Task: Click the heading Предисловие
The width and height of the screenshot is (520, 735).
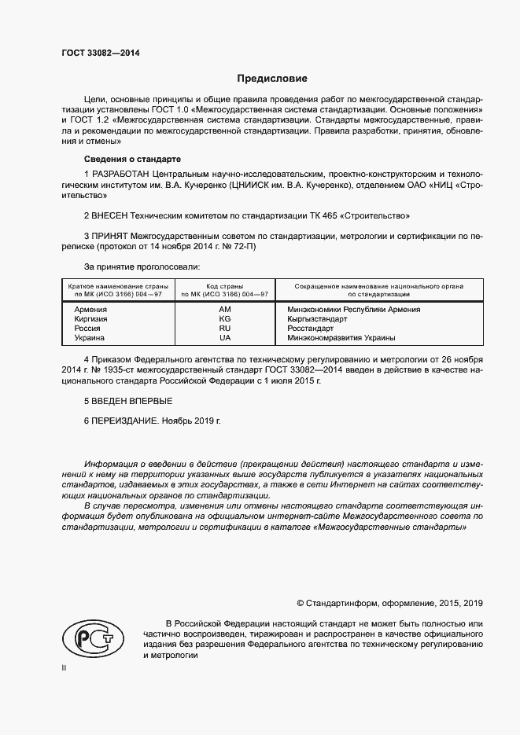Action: pos(273,79)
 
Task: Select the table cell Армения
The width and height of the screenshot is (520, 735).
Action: pos(90,310)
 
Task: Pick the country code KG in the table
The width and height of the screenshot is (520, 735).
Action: pos(224,319)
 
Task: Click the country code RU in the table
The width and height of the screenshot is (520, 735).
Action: pos(224,329)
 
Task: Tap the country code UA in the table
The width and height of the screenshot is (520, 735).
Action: pos(224,338)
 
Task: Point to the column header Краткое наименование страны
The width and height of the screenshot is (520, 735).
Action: pos(115,286)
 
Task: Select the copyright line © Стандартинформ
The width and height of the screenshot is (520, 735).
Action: pos(389,603)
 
